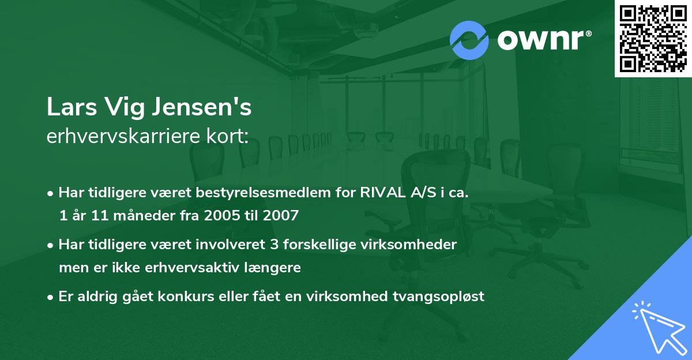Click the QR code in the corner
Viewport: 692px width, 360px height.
pos(653,38)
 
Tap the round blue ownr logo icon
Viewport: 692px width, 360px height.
pos(469,39)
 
